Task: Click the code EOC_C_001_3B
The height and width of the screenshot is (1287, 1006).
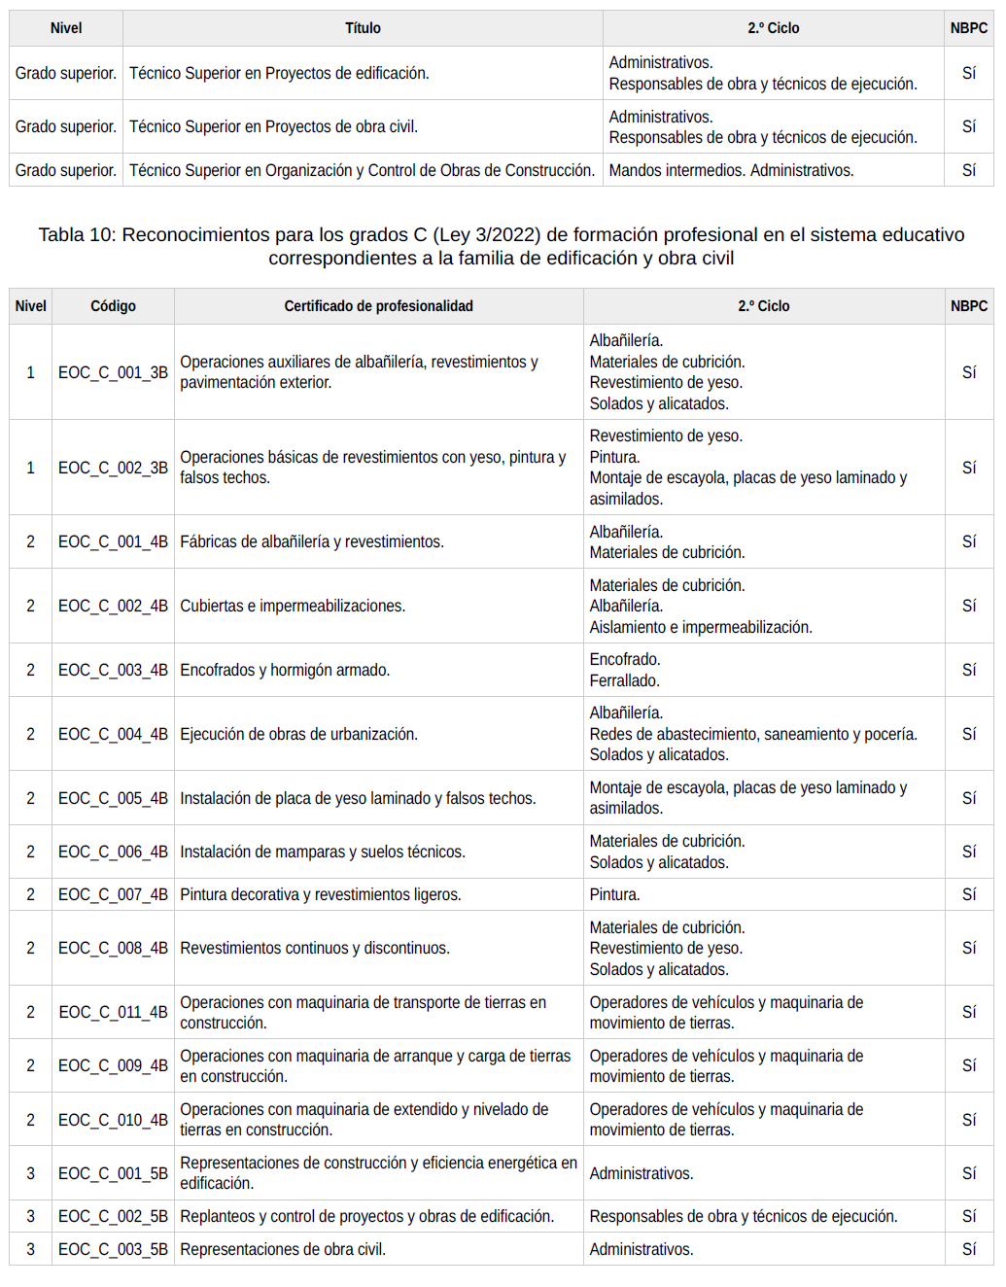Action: coord(113,372)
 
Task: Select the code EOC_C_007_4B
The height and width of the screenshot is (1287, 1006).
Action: coord(113,894)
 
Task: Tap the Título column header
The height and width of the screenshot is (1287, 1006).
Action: coord(363,28)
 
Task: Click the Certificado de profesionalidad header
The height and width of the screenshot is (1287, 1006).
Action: coord(378,306)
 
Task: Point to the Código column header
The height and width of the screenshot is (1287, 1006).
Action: coord(113,306)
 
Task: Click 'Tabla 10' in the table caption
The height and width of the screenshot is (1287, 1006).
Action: coord(75,235)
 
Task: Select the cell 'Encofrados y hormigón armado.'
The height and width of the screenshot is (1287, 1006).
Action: coord(285,670)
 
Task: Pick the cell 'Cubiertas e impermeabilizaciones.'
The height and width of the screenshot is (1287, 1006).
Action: coord(293,606)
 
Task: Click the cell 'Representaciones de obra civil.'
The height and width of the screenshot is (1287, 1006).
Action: coord(283,1249)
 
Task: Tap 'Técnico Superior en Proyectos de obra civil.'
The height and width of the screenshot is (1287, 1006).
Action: coord(273,126)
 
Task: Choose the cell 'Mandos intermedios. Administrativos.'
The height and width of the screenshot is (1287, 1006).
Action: coord(731,170)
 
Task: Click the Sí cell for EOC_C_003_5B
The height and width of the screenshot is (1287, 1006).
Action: coord(969,1249)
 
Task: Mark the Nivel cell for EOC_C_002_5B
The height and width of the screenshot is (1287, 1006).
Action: coord(30,1216)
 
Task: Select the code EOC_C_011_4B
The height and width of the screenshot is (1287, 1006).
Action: coord(113,1012)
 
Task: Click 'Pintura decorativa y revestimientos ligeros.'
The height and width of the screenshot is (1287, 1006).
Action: coord(321,894)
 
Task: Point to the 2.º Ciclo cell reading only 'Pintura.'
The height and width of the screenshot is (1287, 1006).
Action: coord(614,894)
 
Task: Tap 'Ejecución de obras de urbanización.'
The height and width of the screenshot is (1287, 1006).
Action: coord(298,734)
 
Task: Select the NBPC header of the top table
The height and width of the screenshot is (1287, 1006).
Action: coord(969,28)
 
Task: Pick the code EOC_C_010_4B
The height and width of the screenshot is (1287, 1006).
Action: coord(113,1120)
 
